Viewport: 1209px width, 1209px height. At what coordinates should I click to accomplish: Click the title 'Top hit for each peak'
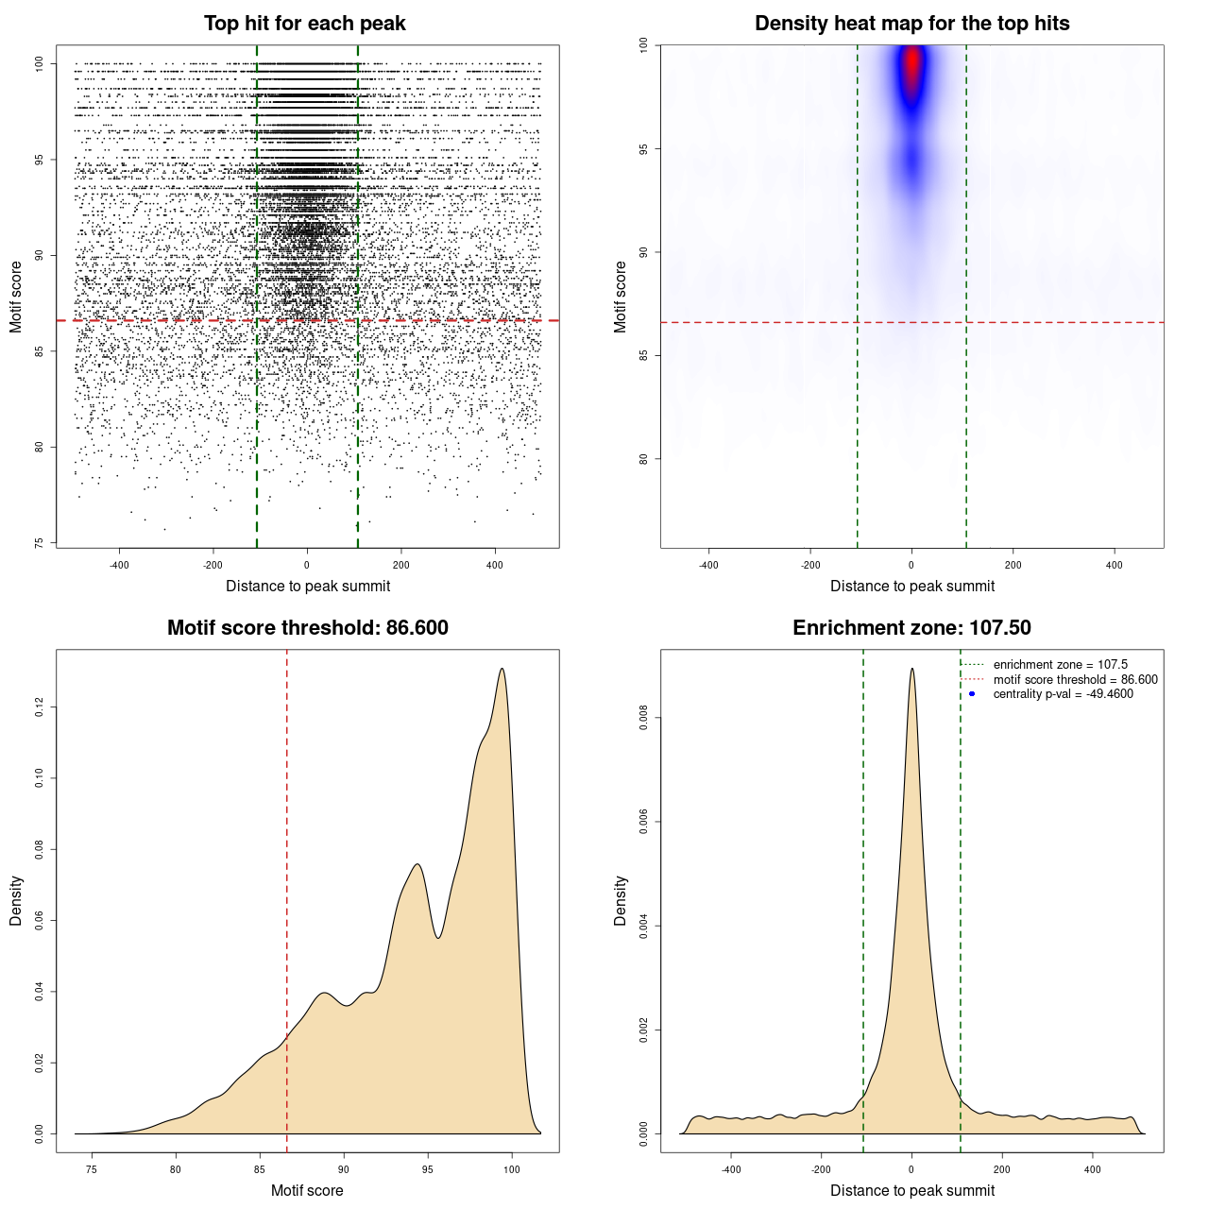tap(304, 24)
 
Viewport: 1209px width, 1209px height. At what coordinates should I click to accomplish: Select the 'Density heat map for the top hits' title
tap(911, 24)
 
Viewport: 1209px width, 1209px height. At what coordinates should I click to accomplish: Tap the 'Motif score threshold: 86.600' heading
tap(307, 628)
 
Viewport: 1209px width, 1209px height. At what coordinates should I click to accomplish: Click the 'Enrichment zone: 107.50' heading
tap(911, 628)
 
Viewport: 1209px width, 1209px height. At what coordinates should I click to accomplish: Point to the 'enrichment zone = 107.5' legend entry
tap(1060, 665)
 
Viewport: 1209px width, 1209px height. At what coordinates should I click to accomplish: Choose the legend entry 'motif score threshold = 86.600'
tap(1075, 679)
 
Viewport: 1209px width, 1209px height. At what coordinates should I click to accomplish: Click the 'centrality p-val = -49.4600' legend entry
tap(1063, 694)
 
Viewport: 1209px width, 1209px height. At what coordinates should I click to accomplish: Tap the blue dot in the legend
tap(972, 694)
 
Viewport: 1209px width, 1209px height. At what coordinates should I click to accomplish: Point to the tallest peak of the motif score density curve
tap(502, 670)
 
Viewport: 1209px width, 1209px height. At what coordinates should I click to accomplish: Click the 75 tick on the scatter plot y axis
tap(39, 543)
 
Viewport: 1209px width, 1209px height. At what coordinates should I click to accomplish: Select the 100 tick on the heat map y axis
tap(643, 44)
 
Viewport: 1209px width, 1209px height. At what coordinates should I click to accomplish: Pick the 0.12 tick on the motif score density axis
tap(39, 707)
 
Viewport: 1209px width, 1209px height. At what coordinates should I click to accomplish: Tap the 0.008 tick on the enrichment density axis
tap(643, 718)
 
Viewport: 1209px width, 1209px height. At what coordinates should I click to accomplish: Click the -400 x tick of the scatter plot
tap(119, 566)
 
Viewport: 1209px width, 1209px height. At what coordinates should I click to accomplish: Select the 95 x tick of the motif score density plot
tap(428, 1169)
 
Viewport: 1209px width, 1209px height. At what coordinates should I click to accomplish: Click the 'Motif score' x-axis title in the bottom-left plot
tap(307, 1190)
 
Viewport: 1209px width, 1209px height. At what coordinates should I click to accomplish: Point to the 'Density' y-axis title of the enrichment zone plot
tap(621, 900)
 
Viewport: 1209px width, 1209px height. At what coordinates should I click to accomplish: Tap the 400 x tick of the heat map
tap(1115, 566)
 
